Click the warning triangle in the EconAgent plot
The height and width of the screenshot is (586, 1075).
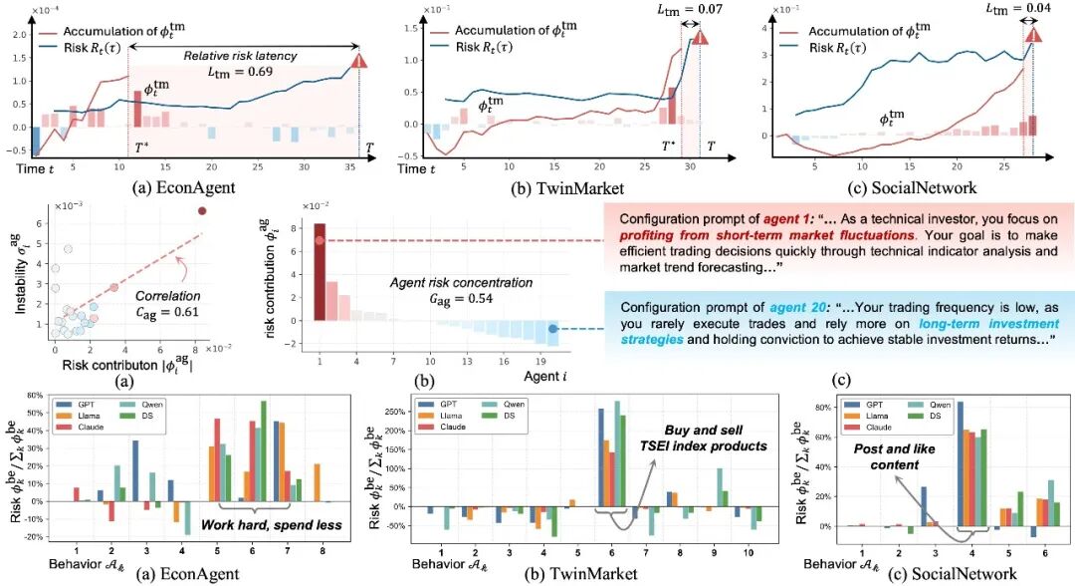(359, 64)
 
